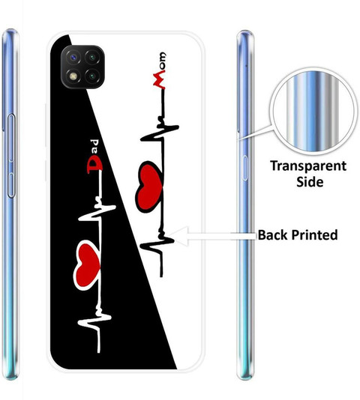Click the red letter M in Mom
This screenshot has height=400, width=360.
[x=159, y=80]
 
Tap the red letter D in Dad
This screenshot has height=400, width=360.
[x=94, y=165]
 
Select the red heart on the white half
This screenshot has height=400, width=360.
[x=149, y=187]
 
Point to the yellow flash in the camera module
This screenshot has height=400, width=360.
[x=73, y=76]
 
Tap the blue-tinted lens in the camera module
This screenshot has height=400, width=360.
[x=73, y=58]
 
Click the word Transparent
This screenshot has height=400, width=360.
[x=308, y=166]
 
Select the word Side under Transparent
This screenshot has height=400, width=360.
[x=310, y=181]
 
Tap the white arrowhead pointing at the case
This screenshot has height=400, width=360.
[x=178, y=236]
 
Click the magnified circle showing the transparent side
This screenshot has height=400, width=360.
[x=314, y=112]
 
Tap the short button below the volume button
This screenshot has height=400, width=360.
[x=10, y=185]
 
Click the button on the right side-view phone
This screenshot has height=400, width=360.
[x=245, y=168]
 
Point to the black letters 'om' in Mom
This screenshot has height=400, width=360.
[x=162, y=61]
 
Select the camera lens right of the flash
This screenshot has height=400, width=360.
[x=92, y=76]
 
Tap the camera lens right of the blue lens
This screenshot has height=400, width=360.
[x=92, y=58]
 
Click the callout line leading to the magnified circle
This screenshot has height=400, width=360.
[x=256, y=133]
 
